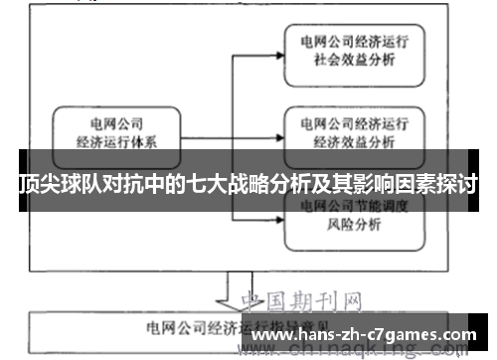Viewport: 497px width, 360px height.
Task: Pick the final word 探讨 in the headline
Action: [455, 184]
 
